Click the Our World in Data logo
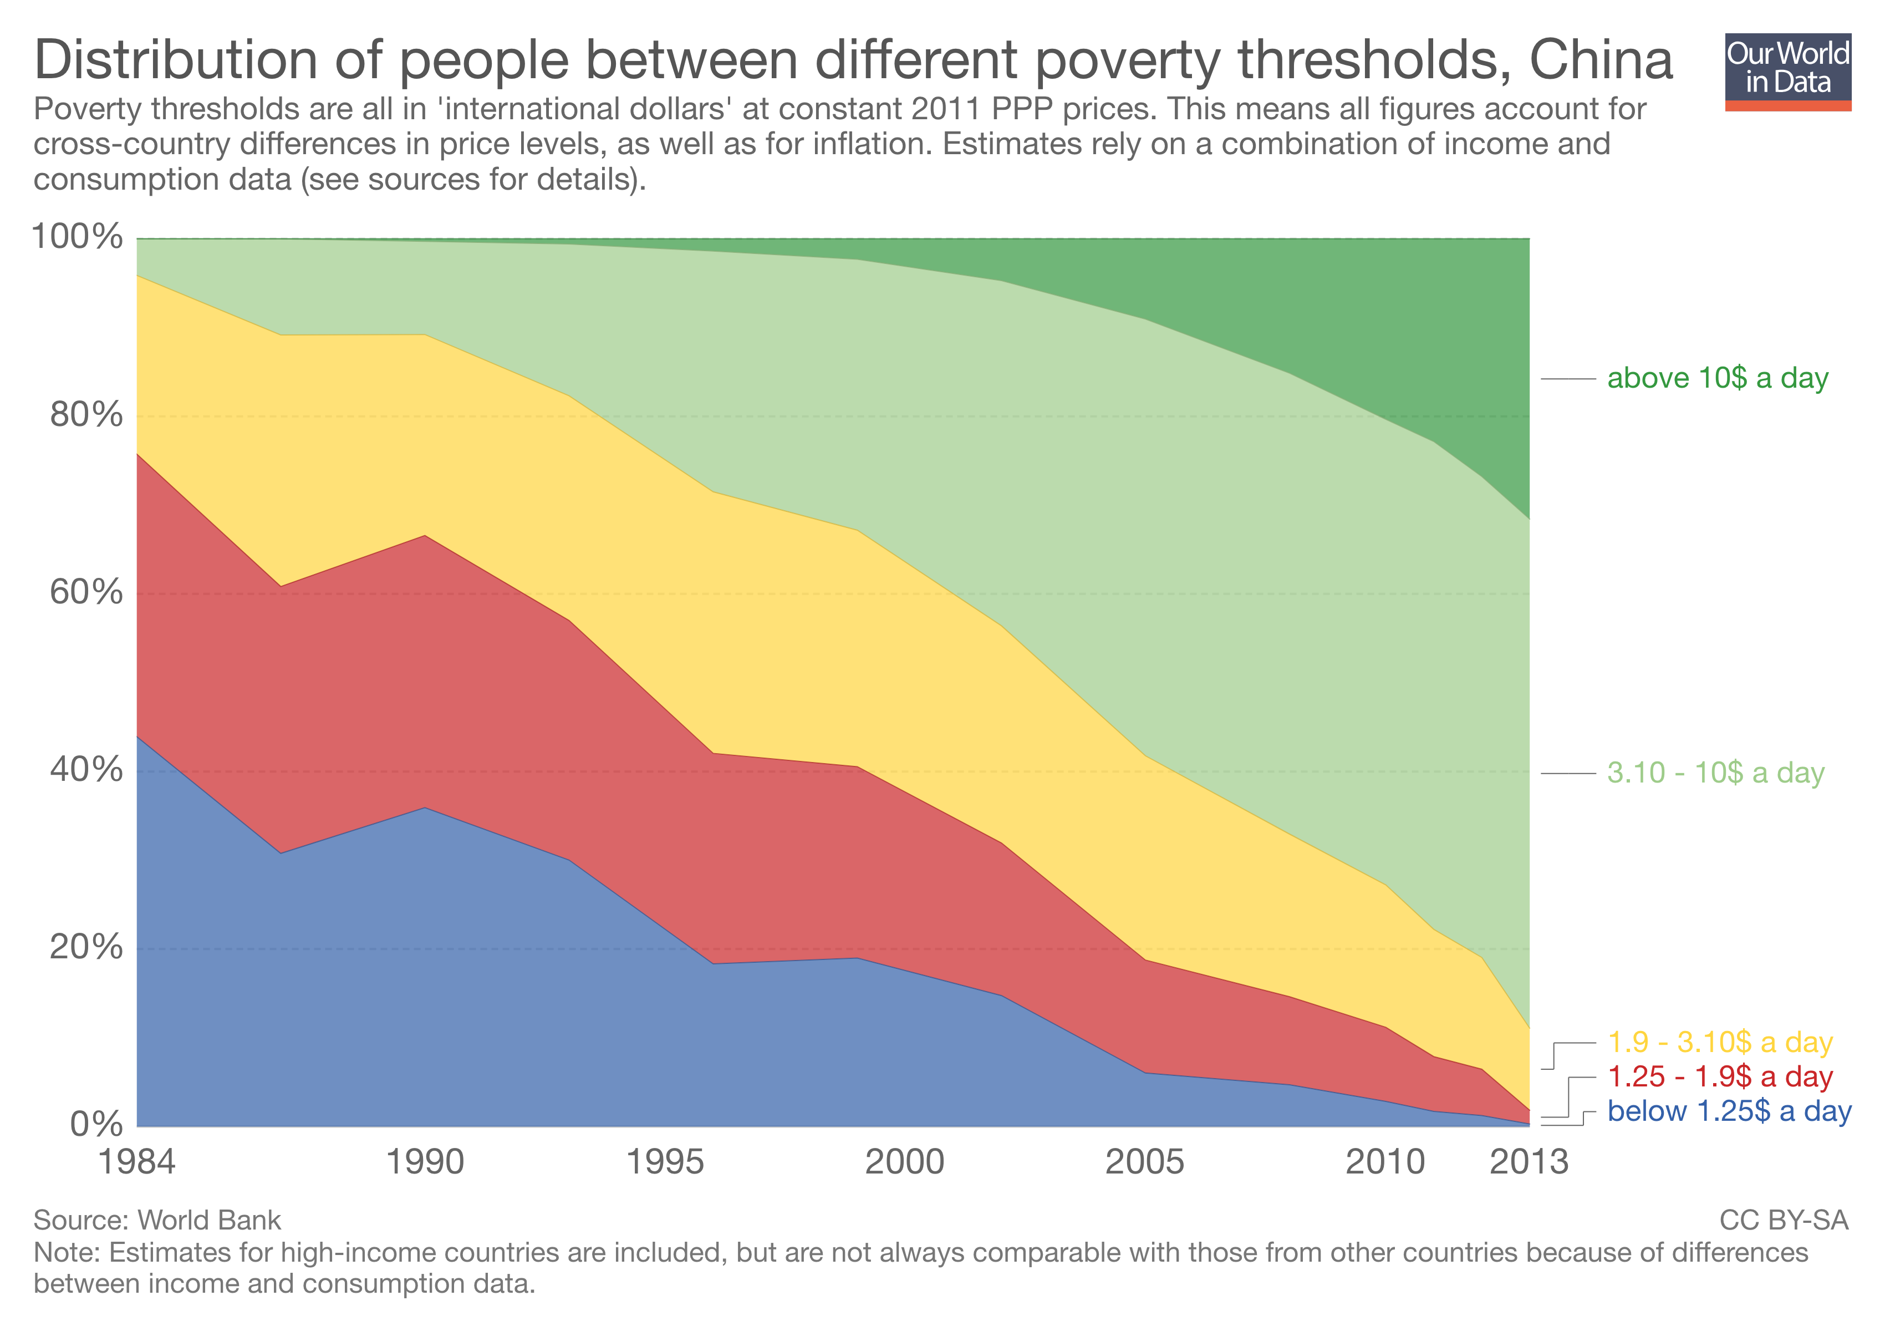(1787, 72)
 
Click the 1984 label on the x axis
(136, 1162)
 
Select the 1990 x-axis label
(425, 1162)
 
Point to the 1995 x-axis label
(665, 1162)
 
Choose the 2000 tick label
(905, 1162)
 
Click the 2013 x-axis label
(1529, 1162)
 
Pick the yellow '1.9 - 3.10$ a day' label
(1719, 1043)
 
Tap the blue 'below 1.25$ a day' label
(1729, 1112)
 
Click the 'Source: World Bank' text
(157, 1220)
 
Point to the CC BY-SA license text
(1783, 1220)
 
